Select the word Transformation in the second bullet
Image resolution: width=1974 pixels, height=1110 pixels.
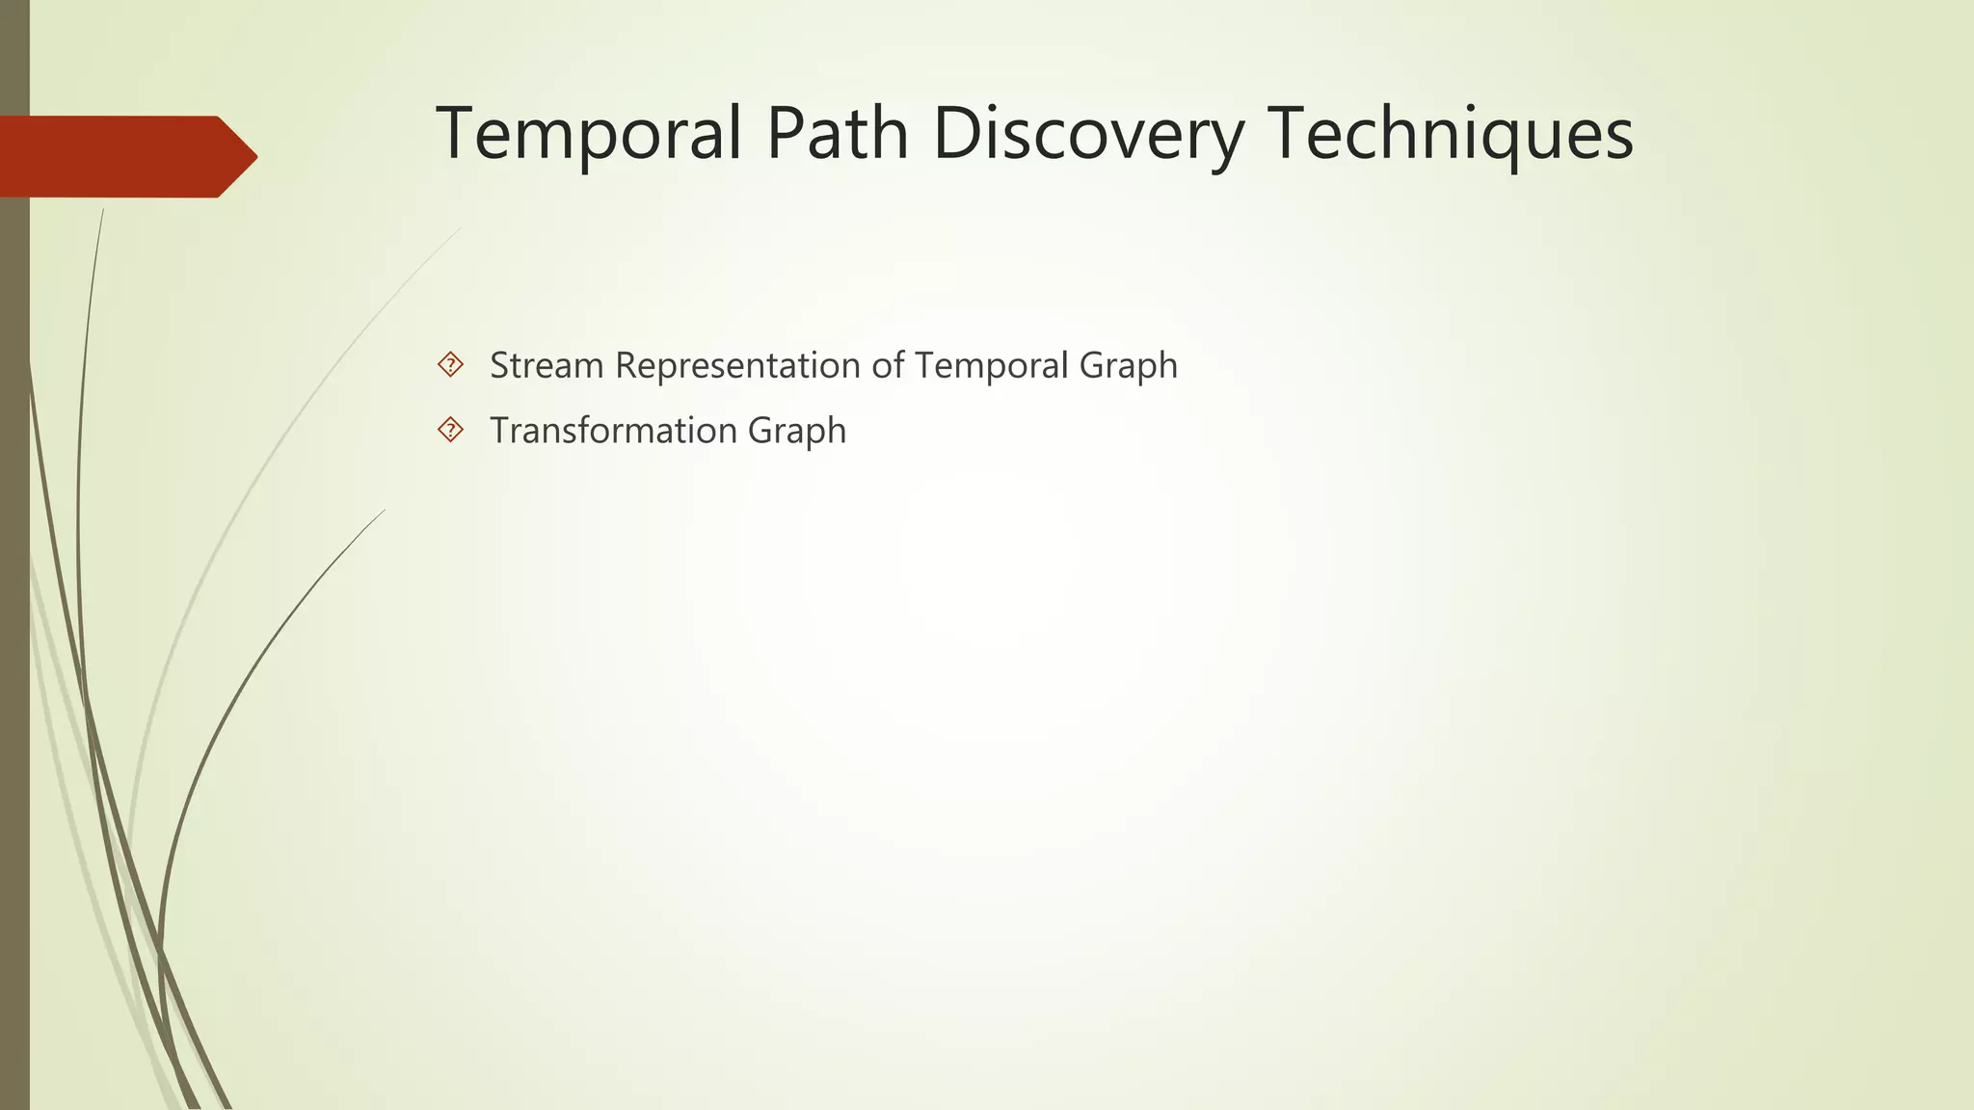pyautogui.click(x=614, y=430)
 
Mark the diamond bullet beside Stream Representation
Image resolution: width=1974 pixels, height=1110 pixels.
pyautogui.click(x=450, y=365)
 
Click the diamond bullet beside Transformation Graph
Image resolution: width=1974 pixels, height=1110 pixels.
pyautogui.click(x=450, y=430)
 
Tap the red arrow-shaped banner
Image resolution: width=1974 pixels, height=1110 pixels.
pyautogui.click(x=116, y=156)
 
